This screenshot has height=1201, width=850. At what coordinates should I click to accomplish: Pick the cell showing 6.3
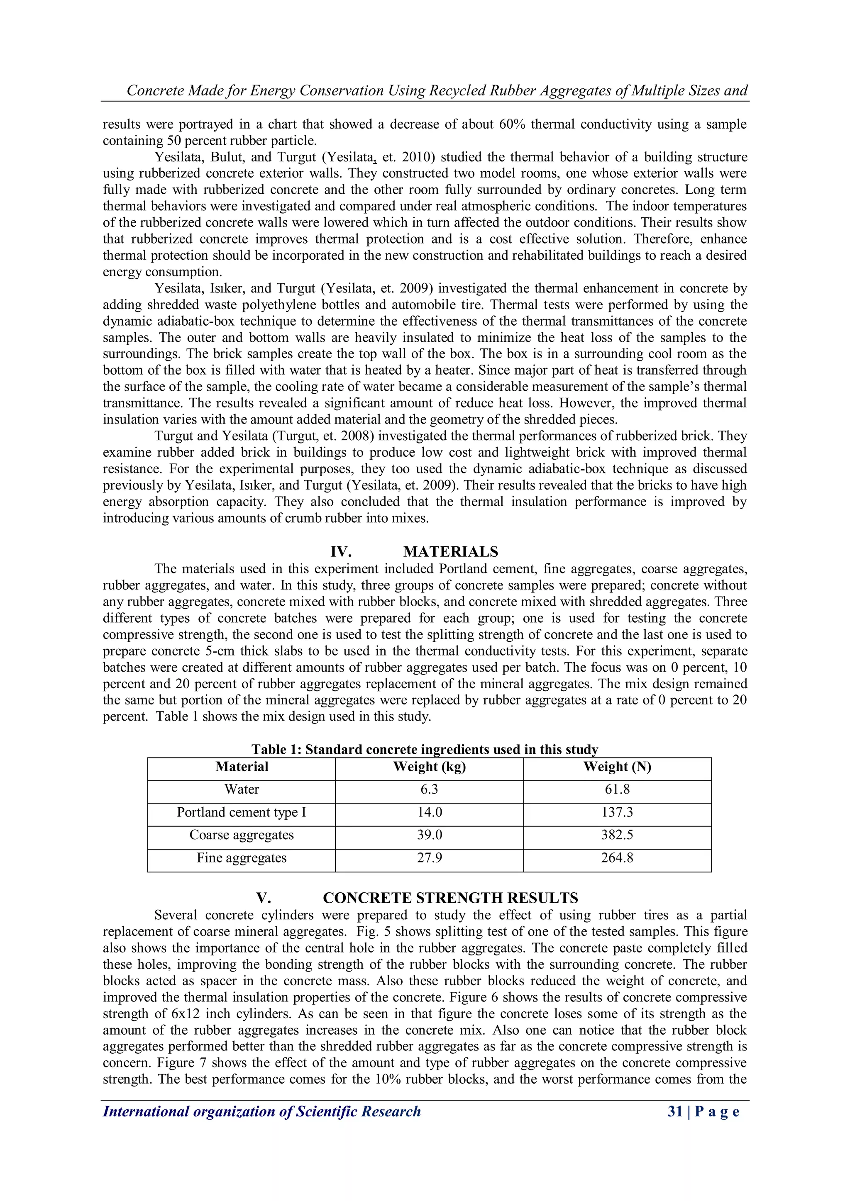tap(429, 789)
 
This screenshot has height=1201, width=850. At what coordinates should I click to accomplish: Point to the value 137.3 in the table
tap(617, 812)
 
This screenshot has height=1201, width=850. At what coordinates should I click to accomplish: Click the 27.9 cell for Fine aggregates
tap(429, 858)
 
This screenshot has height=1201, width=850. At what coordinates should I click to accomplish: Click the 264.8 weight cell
tap(617, 858)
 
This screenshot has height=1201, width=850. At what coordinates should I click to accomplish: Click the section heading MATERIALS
tap(451, 552)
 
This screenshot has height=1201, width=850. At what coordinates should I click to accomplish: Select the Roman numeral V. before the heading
tap(263, 898)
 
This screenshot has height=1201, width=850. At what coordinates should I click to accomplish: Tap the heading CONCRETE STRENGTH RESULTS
tap(450, 898)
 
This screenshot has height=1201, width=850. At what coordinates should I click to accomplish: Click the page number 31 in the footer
tap(675, 1111)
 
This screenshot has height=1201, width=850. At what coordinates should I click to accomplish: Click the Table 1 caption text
tap(425, 750)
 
